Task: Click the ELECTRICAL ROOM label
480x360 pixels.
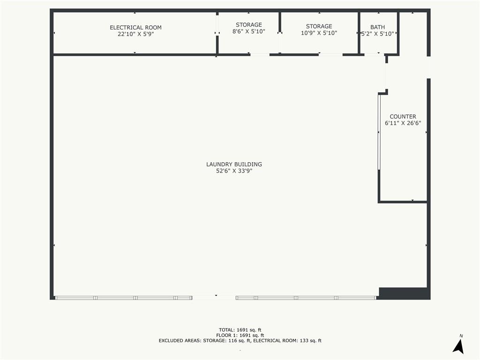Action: [135, 28]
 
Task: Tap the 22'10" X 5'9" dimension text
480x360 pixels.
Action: [135, 34]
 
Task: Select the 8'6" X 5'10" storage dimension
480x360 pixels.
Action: [248, 31]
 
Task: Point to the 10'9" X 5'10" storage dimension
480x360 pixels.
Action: [319, 33]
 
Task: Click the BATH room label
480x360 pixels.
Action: [377, 27]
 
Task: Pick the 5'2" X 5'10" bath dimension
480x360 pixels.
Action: [377, 34]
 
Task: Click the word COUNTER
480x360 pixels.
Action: [403, 117]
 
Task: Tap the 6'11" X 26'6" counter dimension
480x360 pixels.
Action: [403, 123]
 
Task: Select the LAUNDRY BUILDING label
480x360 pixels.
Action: [234, 165]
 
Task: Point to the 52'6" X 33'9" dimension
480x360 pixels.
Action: [234, 171]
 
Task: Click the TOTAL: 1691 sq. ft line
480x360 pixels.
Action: [240, 330]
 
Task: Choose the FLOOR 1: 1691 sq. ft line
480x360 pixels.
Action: [240, 335]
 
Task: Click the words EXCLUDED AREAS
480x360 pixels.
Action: [180, 341]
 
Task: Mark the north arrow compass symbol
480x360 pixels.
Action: [458, 345]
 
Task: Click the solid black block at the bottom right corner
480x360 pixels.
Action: [404, 293]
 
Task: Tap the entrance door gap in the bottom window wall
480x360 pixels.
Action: [214, 298]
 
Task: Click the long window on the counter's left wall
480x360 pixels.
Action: [379, 132]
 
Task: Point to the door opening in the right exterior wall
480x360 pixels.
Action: [428, 67]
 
